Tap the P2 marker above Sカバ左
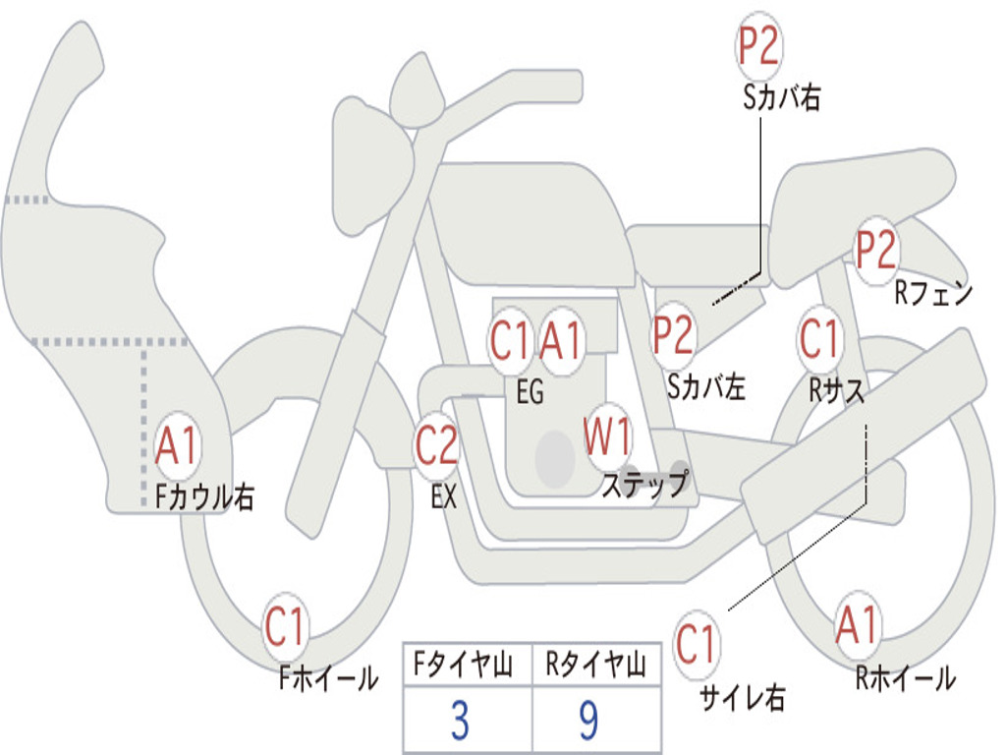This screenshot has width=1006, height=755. [x=674, y=335]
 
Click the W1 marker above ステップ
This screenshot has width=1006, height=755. [x=608, y=436]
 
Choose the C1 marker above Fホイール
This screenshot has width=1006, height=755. [x=286, y=626]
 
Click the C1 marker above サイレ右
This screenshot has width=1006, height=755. [x=696, y=645]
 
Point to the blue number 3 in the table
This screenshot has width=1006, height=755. [x=459, y=721]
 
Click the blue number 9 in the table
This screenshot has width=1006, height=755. [x=588, y=721]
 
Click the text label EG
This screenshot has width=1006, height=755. [x=530, y=392]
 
